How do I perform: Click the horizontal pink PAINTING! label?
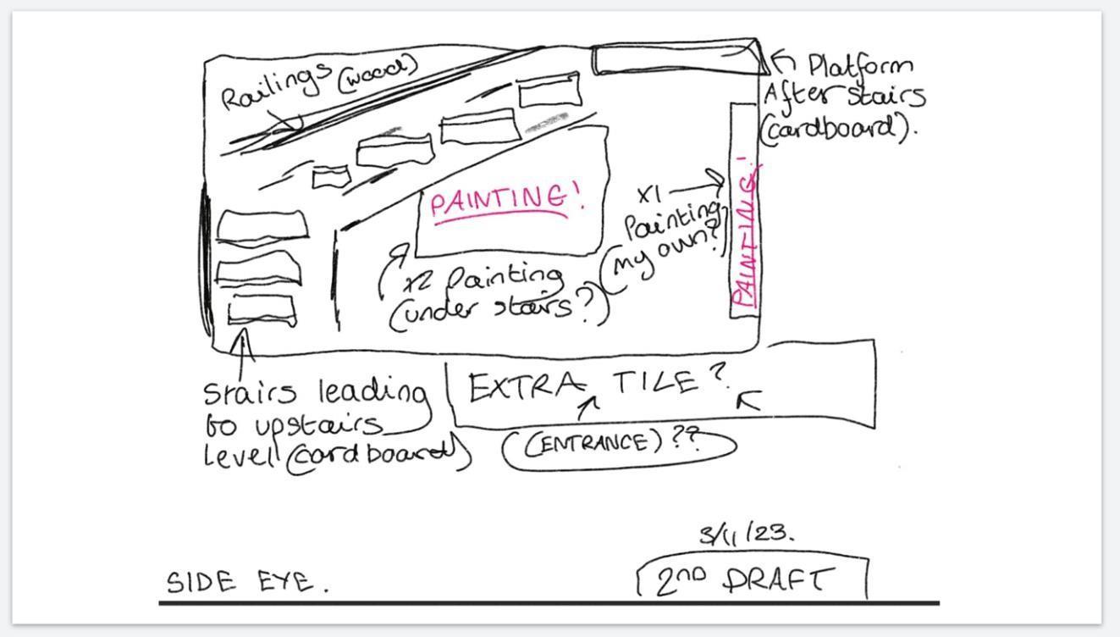point(506,201)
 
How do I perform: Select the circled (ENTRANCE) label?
point(593,443)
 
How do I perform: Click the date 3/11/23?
point(746,534)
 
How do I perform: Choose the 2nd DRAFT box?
point(752,579)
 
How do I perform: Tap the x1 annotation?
point(649,194)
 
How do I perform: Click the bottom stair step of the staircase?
point(262,310)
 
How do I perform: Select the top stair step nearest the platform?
point(550,90)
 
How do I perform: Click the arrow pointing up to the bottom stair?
point(244,356)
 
